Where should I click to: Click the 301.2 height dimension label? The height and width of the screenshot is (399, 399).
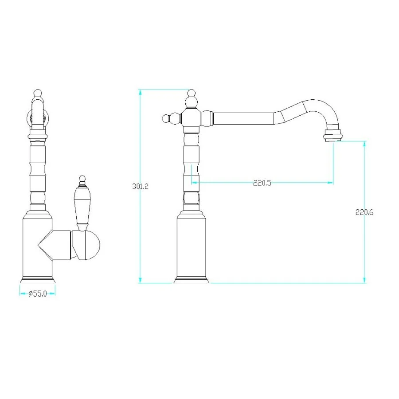(140, 186)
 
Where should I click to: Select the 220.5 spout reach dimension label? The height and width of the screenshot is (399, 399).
(262, 183)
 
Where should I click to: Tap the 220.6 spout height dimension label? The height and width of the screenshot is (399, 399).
(364, 212)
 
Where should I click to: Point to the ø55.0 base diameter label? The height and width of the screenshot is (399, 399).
(38, 293)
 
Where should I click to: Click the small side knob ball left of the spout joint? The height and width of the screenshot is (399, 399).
(166, 118)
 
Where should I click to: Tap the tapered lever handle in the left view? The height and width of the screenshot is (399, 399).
(82, 206)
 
